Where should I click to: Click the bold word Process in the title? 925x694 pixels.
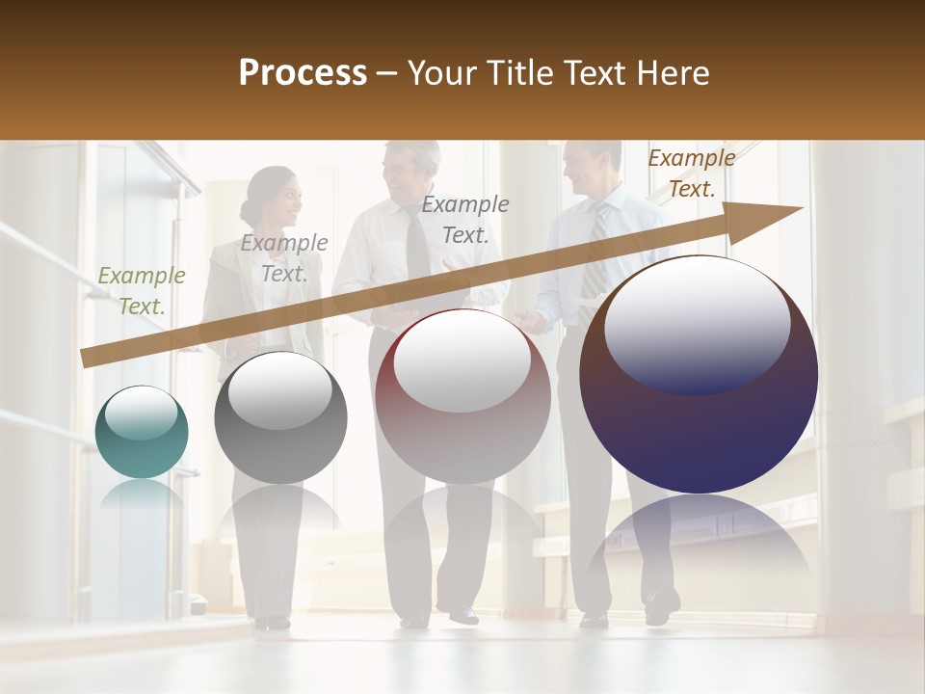point(303,72)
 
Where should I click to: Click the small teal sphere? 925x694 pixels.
point(142,432)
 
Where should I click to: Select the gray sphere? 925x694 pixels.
point(280,418)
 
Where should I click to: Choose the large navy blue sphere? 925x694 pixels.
point(699,376)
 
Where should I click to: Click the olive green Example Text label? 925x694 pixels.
point(142,290)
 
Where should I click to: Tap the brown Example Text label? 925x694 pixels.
point(691,173)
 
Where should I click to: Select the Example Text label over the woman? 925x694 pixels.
point(284,257)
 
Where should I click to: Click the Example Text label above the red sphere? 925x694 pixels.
point(465,219)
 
